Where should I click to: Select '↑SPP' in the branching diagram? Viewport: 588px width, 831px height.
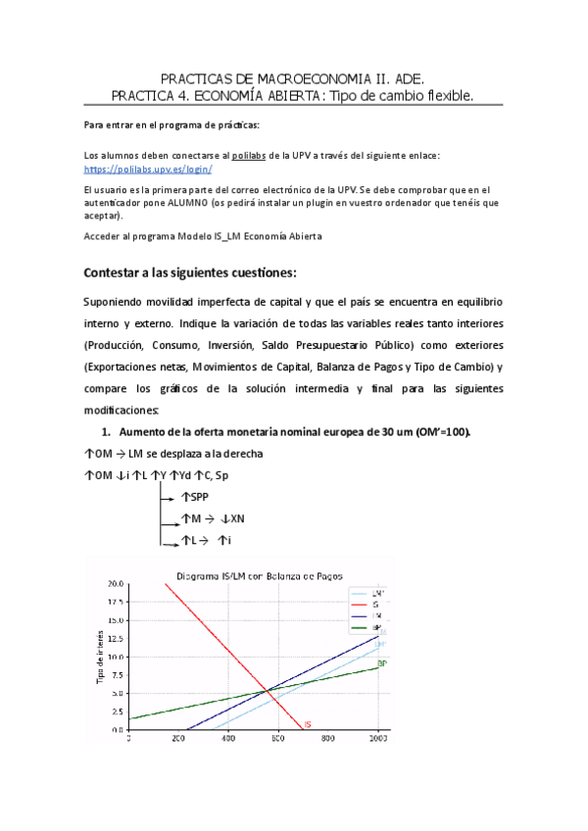coord(195,497)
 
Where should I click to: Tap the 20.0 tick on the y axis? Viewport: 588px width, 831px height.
coord(117,584)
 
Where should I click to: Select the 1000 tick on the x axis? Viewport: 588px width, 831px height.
coord(377,739)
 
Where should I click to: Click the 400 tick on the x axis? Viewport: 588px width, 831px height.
coord(228,739)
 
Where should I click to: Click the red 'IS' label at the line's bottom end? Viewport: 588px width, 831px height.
coord(308,725)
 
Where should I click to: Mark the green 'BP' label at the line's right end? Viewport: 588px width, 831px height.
coord(382,663)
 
